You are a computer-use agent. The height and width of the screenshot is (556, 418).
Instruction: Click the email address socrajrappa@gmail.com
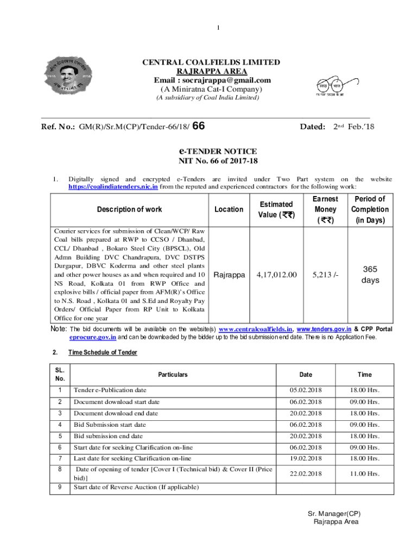pos(212,80)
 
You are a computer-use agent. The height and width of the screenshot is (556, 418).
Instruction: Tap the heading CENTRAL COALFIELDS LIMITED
pos(211,62)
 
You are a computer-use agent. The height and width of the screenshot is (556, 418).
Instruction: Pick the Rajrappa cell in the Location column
pos(229,275)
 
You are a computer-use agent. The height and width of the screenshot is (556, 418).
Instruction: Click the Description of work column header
pos(129,210)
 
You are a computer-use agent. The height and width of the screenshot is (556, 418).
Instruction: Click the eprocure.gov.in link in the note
pos(92,337)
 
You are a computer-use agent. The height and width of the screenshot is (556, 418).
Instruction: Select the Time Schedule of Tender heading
pos(103,352)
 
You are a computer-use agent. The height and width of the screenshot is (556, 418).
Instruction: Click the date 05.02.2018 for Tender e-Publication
pos(305,390)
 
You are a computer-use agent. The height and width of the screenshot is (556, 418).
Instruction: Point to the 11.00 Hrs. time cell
pos(365,473)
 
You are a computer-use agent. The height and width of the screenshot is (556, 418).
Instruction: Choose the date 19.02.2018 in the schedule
pos(305,459)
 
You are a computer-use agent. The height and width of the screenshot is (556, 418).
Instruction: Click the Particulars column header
pos(173,375)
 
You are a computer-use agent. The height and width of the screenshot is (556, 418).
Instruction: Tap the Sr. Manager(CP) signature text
pos(334,514)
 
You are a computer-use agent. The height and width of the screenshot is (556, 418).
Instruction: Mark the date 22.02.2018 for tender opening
pos(305,473)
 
